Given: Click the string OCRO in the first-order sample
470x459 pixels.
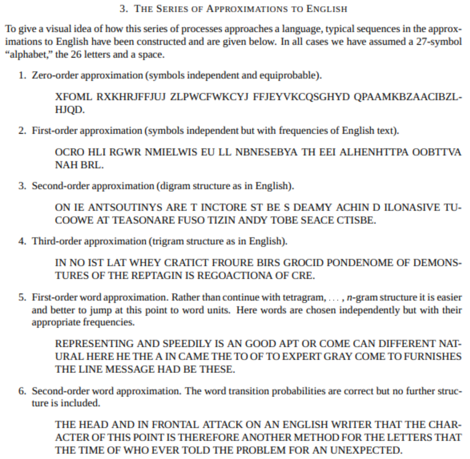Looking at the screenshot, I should (69, 152).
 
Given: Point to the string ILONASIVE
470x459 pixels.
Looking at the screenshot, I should (402, 208).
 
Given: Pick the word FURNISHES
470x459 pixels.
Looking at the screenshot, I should (432, 356).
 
